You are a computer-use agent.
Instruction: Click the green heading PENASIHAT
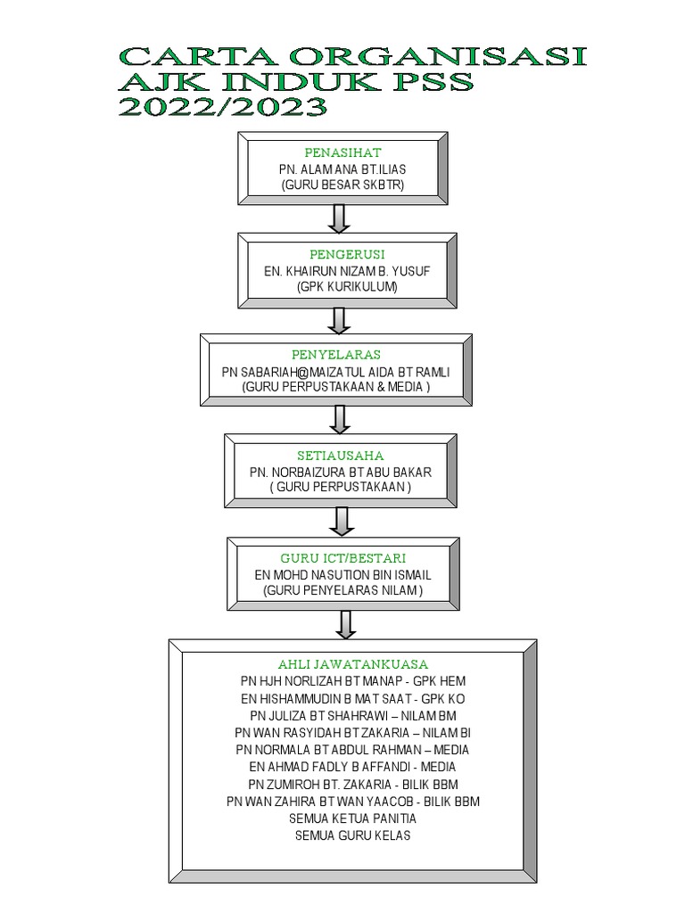342,153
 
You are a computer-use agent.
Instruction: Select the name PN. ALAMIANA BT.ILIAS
342,169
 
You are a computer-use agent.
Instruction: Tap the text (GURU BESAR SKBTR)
342,185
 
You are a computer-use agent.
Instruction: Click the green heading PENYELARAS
335,356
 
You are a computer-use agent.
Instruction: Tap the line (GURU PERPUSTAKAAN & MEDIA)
335,387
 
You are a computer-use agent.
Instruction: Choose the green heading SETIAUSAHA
341,456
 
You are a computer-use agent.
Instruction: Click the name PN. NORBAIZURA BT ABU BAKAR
341,472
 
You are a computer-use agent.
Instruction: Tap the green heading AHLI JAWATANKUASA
353,664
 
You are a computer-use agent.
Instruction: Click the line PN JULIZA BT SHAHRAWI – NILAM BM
353,715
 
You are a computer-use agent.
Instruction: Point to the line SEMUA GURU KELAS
352,835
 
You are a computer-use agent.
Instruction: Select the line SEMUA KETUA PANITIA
353,818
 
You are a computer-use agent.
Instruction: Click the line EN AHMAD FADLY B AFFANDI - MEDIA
353,767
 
